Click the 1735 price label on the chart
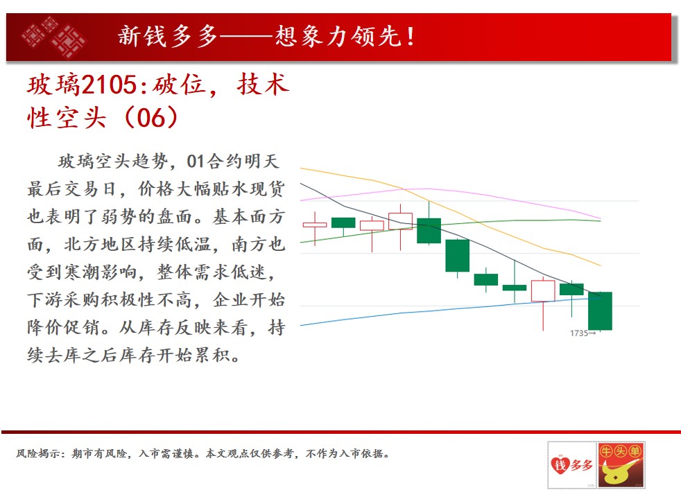[x=579, y=333]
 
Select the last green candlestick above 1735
[x=600, y=310]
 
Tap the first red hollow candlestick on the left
[x=314, y=225]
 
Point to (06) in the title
[x=150, y=117]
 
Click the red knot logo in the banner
[x=54, y=37]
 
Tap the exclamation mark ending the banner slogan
[x=411, y=37]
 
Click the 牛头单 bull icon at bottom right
[x=621, y=465]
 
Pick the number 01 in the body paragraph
[x=195, y=161]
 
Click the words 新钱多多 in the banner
[x=168, y=36]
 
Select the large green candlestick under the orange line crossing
[x=429, y=230]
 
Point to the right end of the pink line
[x=601, y=219]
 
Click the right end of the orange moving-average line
[x=601, y=265]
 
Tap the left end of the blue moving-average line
[x=300, y=325]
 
